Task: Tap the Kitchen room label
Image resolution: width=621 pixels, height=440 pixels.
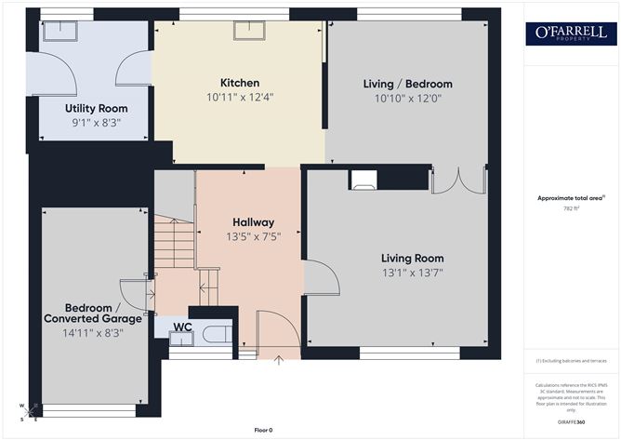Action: pyautogui.click(x=240, y=83)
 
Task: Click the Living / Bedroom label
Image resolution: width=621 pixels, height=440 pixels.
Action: pyautogui.click(x=407, y=84)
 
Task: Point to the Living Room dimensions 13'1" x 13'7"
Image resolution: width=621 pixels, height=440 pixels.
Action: pyautogui.click(x=412, y=273)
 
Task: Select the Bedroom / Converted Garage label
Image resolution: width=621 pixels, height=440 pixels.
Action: pyautogui.click(x=89, y=313)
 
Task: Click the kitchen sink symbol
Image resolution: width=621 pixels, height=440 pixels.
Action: pyautogui.click(x=249, y=30)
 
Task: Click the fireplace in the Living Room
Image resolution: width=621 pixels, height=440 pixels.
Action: pyautogui.click(x=363, y=180)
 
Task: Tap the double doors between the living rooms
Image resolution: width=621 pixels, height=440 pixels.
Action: pyautogui.click(x=459, y=180)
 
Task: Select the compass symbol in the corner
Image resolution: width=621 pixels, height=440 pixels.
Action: pyautogui.click(x=28, y=410)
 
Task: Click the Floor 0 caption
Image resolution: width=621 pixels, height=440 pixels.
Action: pyautogui.click(x=265, y=430)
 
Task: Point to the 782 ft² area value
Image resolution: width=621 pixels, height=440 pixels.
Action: pyautogui.click(x=570, y=208)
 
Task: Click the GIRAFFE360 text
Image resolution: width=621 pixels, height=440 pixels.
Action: pyautogui.click(x=572, y=421)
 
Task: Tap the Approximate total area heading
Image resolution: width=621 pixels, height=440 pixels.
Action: pyautogui.click(x=570, y=197)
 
